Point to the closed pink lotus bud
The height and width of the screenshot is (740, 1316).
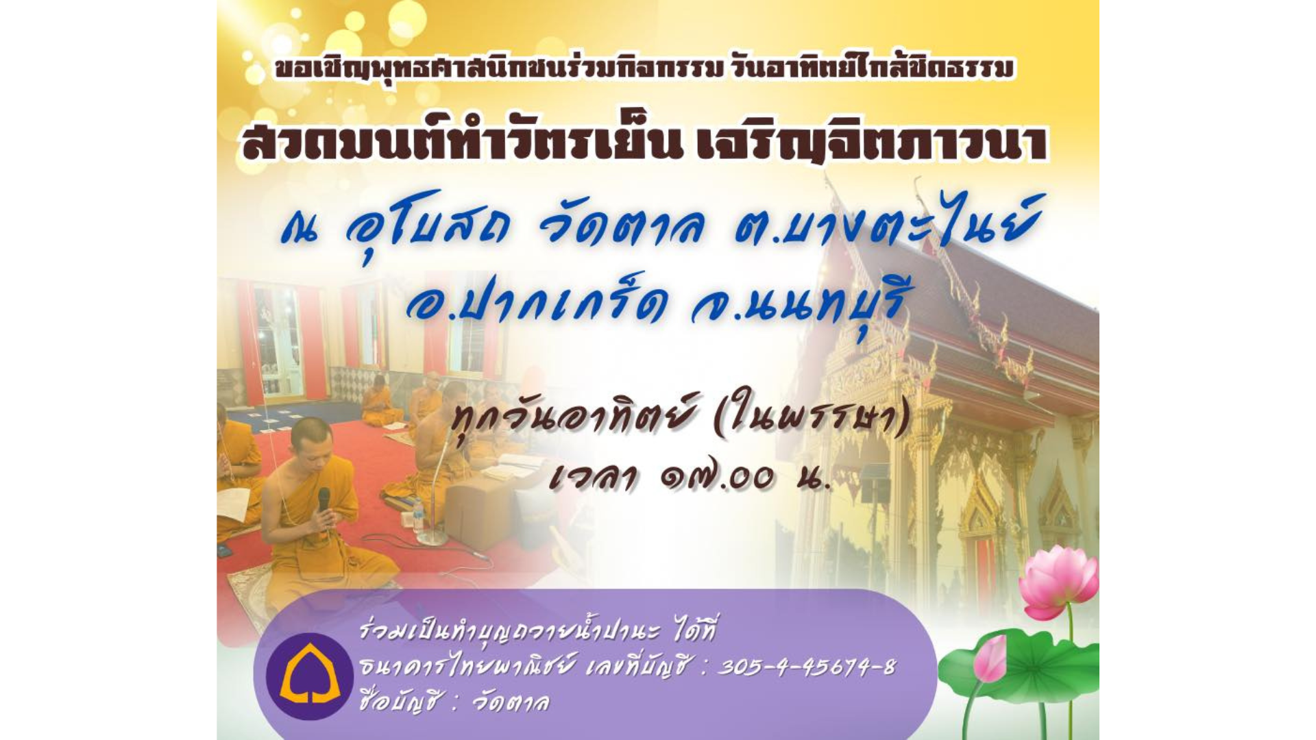989,658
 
